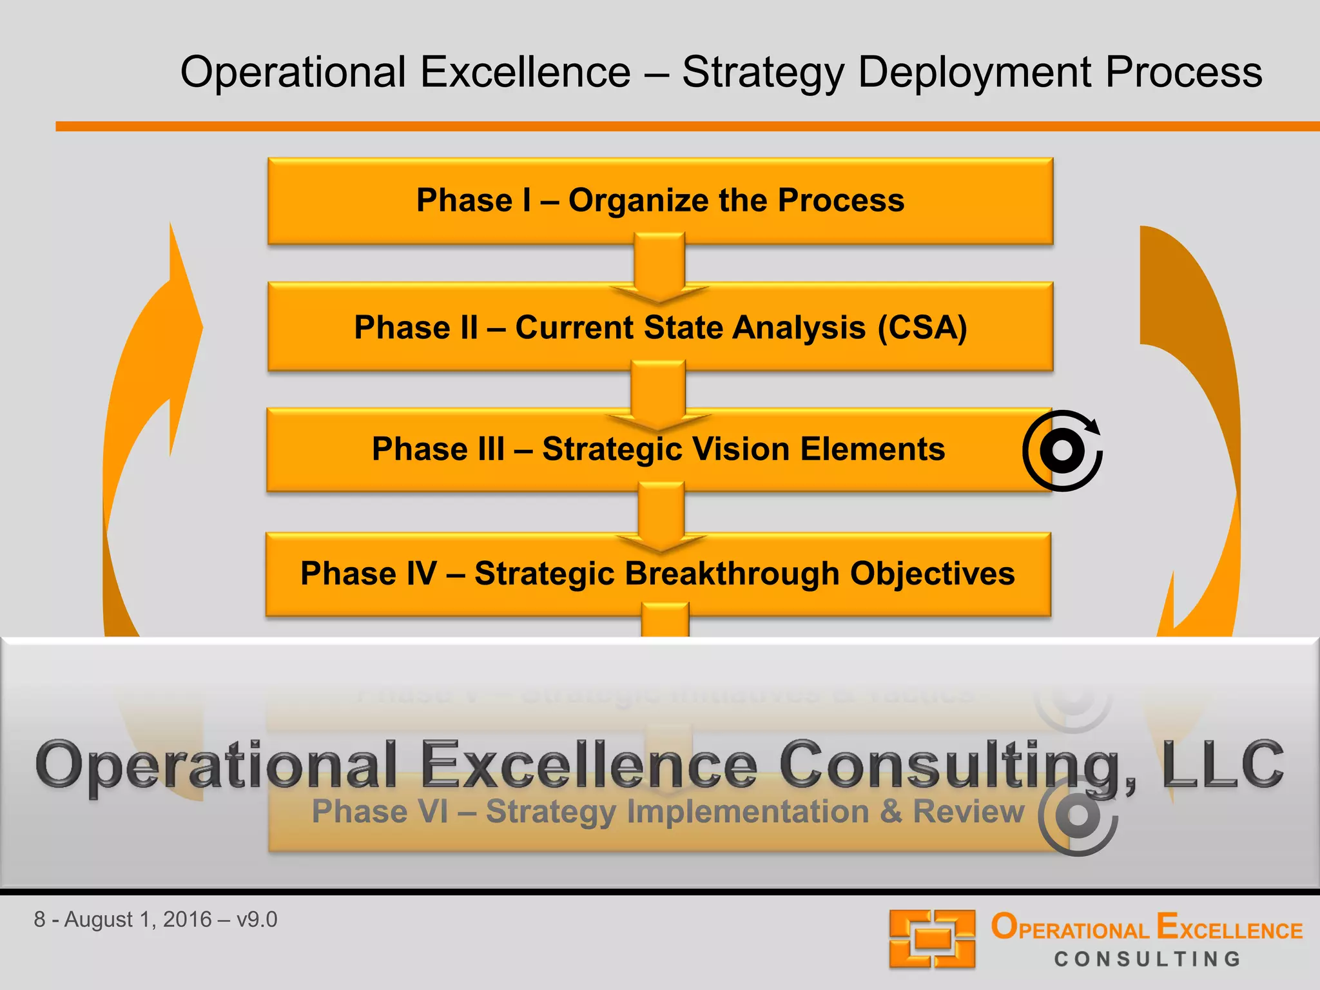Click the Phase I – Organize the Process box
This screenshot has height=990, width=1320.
coord(660,200)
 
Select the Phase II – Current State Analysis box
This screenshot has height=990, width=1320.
coord(660,327)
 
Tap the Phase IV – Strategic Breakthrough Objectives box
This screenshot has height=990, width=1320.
coord(657,573)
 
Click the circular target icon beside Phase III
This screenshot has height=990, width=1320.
coord(1062,451)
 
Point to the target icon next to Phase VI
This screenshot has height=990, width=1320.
coord(1078,815)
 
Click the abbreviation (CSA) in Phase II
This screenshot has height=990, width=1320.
coord(922,327)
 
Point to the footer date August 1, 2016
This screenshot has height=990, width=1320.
coord(138,919)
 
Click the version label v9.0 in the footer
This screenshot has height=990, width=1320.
coord(257,919)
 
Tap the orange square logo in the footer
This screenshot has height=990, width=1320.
coord(932,938)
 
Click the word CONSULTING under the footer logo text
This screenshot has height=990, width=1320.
coord(1147,959)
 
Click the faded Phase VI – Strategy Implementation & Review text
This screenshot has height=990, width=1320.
coord(668,811)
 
